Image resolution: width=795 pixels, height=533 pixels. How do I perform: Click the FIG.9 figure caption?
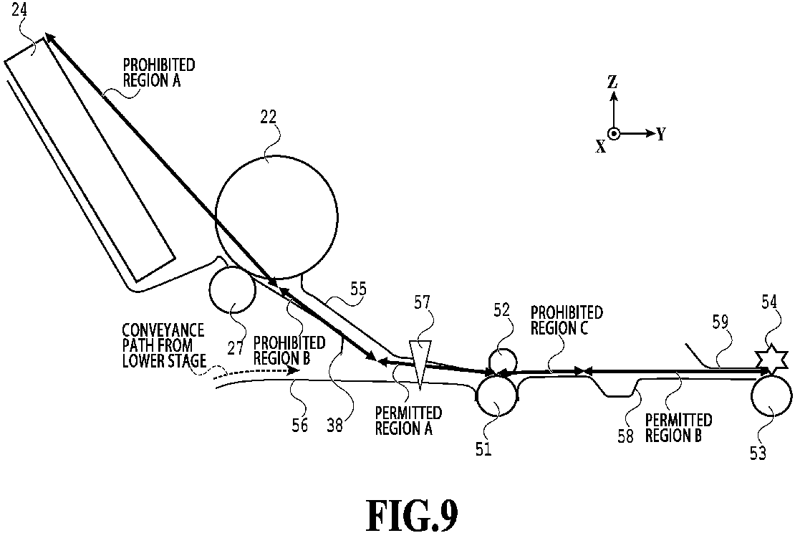pyautogui.click(x=411, y=514)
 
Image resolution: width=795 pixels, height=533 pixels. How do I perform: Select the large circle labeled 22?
pyautogui.click(x=276, y=217)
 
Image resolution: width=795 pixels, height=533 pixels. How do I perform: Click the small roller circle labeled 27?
pyautogui.click(x=233, y=290)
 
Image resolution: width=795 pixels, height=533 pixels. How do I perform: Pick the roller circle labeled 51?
pyautogui.click(x=497, y=395)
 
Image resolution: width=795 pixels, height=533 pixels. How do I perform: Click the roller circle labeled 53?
pyautogui.click(x=771, y=397)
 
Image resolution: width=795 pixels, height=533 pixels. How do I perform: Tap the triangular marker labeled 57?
pyautogui.click(x=420, y=364)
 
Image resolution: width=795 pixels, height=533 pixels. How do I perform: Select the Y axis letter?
pyautogui.click(x=660, y=135)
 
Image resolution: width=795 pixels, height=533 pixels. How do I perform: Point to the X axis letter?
pyautogui.click(x=601, y=147)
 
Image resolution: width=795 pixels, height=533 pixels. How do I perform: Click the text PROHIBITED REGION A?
pyautogui.click(x=159, y=72)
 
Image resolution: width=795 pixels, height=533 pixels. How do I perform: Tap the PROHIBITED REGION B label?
pyautogui.click(x=289, y=350)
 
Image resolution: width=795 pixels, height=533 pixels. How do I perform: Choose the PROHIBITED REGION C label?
pyautogui.click(x=567, y=320)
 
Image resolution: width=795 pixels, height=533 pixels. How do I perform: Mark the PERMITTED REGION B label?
pyautogui.click(x=678, y=428)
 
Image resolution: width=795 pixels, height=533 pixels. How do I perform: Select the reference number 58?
pyautogui.click(x=626, y=436)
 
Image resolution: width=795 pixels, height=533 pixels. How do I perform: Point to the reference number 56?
pyautogui.click(x=299, y=425)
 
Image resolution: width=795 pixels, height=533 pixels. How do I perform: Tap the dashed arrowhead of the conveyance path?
pyautogui.click(x=294, y=371)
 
